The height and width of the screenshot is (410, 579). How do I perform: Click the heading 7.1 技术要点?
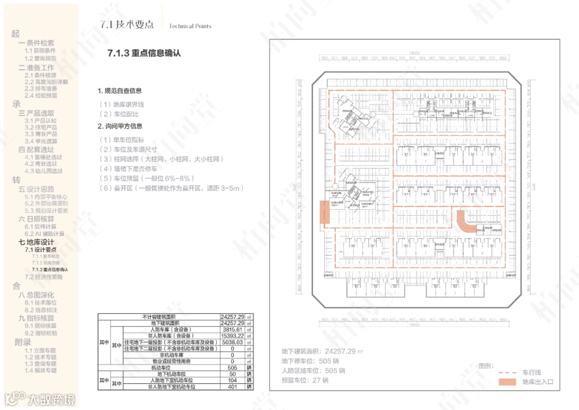point(127,25)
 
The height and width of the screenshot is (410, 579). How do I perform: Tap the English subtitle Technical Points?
point(190,26)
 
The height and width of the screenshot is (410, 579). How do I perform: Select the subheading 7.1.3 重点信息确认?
point(144,53)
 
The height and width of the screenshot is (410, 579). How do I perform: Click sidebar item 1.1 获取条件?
point(40,50)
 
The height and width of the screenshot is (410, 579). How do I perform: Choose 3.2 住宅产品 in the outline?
point(41,128)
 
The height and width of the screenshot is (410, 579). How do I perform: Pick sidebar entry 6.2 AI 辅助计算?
point(44,234)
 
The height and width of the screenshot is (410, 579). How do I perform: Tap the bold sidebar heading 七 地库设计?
point(36,243)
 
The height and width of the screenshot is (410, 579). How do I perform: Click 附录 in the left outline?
point(23,342)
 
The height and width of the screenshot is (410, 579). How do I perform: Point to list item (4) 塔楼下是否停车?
point(128,169)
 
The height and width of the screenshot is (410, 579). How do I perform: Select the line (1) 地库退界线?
point(122,104)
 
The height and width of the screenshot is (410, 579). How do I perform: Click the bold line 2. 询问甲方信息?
point(120,126)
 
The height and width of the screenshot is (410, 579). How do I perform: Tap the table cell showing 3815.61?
point(232,330)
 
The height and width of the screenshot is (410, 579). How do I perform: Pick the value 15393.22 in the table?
point(232,336)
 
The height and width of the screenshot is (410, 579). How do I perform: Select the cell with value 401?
point(232,386)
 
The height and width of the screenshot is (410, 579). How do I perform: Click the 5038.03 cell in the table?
point(232,342)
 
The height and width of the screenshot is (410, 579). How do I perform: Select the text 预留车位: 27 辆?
point(305,380)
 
